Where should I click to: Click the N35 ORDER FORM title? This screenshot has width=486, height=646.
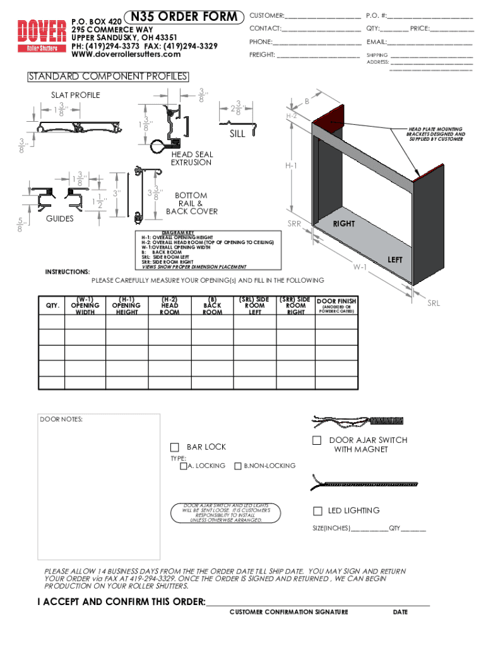coord(185,17)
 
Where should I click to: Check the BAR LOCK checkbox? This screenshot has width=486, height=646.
coord(175,447)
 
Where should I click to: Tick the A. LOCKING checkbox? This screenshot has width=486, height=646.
coord(183,466)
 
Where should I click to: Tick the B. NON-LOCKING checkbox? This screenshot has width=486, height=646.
coord(238,466)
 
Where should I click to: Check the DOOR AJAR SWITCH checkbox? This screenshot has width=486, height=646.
coord(317,440)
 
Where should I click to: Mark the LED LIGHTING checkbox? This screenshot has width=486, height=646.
coord(318,510)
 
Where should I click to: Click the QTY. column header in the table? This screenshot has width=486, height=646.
coord(52,306)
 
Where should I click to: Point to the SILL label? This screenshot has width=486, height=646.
coord(237,134)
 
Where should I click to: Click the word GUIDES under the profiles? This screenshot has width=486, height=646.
coord(60,218)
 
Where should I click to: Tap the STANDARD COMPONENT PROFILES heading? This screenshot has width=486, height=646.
coord(108,77)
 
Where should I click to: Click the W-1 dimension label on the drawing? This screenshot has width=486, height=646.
coord(360,267)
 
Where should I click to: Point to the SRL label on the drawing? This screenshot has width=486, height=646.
coord(434,303)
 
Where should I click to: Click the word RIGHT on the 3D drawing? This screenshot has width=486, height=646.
coord(344,224)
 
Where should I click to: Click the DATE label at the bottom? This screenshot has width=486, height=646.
coord(400,612)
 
